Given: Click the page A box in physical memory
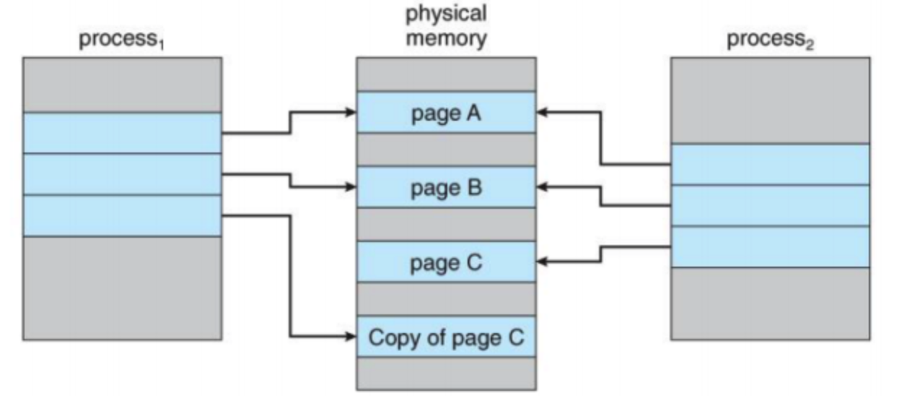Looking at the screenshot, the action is click(446, 113).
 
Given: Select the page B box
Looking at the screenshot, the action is click(446, 187).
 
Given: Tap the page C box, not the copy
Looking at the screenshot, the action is click(446, 262).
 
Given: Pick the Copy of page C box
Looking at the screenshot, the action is click(446, 337).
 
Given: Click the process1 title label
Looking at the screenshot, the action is click(122, 40).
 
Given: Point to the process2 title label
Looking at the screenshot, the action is click(770, 40).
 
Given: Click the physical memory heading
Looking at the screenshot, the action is click(446, 26).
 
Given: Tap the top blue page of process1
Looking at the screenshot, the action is click(123, 133).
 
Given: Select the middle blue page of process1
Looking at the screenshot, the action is click(123, 174).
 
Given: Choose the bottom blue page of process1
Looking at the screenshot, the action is click(123, 216).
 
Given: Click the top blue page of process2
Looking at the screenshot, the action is click(770, 164).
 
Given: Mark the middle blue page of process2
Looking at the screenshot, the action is click(770, 206).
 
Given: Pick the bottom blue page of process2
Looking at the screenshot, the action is click(770, 247).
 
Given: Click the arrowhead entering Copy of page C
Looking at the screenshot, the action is click(351, 336).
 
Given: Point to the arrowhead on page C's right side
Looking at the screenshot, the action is click(542, 262).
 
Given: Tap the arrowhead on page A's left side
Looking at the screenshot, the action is click(351, 112).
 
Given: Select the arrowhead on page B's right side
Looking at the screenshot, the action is click(542, 186).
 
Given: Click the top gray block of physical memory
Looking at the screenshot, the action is click(446, 74).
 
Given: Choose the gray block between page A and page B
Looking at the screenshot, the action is click(446, 150).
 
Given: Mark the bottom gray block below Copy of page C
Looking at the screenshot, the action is click(446, 374).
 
